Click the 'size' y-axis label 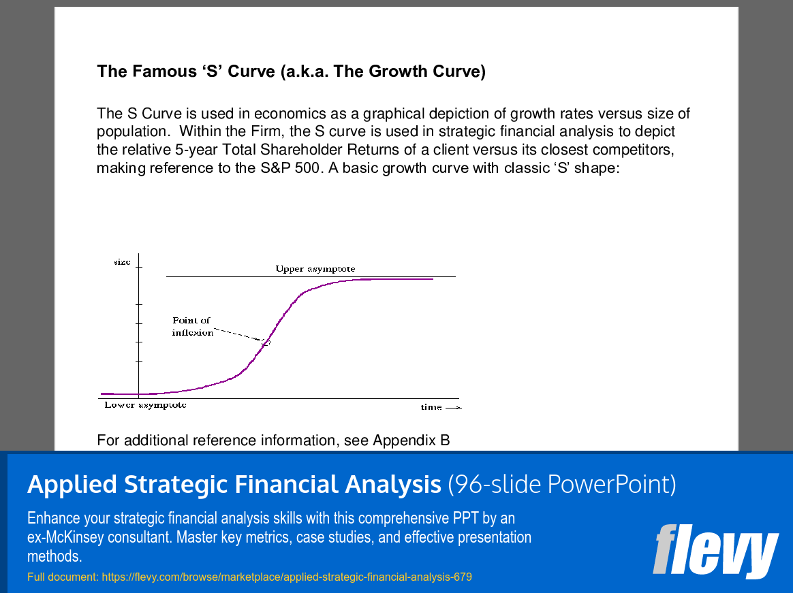coord(123,262)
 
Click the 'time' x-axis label coord(431,407)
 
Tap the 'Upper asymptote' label coord(315,269)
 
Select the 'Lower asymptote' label coord(145,405)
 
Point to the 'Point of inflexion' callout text coord(192,327)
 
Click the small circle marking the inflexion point coord(266,342)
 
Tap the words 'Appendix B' coord(411,440)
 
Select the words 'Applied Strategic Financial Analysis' coord(234,484)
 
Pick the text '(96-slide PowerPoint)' coord(562,484)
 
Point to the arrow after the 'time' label coord(454,407)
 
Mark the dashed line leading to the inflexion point coord(238,335)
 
